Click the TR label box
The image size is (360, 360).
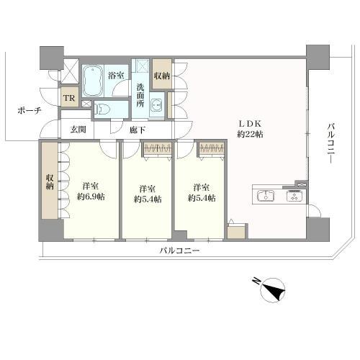coord(70,99)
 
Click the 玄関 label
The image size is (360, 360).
coord(78,130)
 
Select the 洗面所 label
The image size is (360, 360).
coord(140,96)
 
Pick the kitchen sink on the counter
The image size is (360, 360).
coord(265,195)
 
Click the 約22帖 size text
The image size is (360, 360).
coord(250,133)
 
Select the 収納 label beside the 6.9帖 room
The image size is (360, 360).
coord(50,182)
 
